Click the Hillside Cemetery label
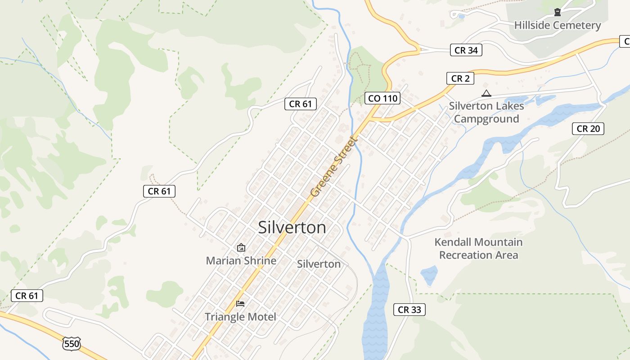[557, 25]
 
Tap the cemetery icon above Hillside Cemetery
[558, 12]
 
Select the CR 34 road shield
[466, 50]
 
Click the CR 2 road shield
[460, 78]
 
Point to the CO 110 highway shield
[382, 98]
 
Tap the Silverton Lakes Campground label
[486, 112]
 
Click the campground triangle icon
[486, 94]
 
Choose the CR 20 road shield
[588, 129]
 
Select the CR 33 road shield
[409, 310]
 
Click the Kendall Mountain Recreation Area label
[478, 248]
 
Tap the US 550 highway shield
[72, 344]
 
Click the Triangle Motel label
[240, 317]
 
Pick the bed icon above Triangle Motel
[240, 304]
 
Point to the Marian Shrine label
[241, 261]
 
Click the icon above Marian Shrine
[241, 247]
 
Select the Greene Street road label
[333, 167]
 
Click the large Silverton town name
[292, 228]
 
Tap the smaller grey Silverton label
[319, 264]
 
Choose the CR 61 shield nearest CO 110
[301, 104]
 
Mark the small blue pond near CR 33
[429, 275]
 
